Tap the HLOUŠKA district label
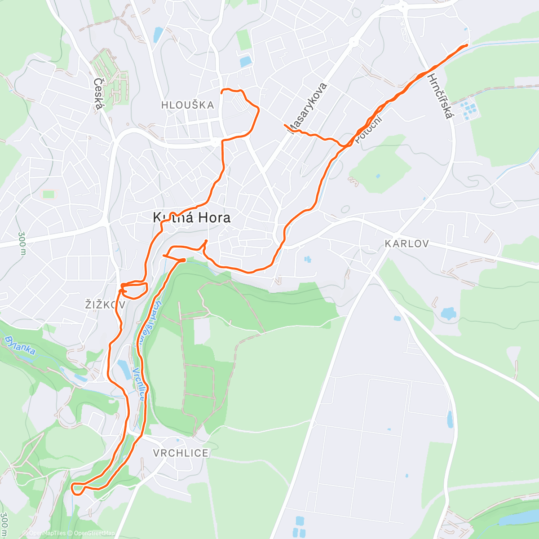tap(188, 105)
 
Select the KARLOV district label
tap(406, 243)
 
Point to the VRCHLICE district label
tap(181, 453)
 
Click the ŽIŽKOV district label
tap(105, 305)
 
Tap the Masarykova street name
tap(309, 108)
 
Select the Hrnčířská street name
tap(439, 97)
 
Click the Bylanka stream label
tap(20, 345)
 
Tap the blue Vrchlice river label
tap(139, 384)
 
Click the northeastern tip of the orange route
tap(467, 45)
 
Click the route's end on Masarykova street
tap(285, 124)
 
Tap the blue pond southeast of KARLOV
tap(448, 313)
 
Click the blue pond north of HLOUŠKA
tap(245, 61)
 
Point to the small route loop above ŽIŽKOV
tap(135, 290)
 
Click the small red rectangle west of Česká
tap(48, 194)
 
